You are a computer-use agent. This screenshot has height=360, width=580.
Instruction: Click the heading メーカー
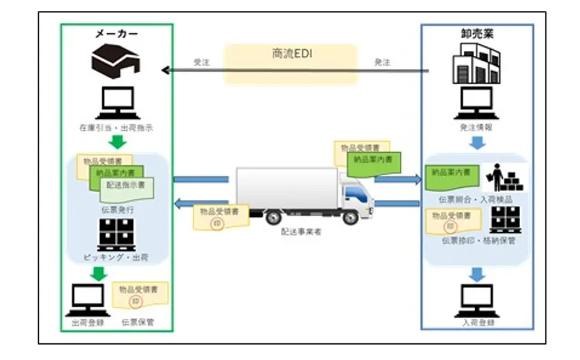coord(116,33)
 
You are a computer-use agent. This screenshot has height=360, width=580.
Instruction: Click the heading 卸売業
coord(476,33)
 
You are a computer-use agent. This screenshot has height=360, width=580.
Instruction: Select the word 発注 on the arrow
coord(382,63)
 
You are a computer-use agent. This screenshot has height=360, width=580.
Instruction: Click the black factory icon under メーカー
coord(116,61)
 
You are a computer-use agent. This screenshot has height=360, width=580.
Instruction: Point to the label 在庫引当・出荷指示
coord(116,129)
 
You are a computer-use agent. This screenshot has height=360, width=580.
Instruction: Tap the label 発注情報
coord(476,129)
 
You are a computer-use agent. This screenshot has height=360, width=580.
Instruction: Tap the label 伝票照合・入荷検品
coord(476,199)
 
